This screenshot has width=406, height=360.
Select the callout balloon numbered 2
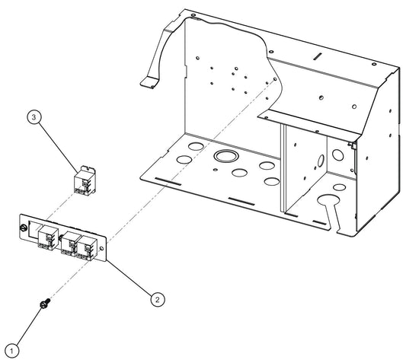click(156, 299)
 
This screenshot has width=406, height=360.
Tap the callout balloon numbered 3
click(34, 118)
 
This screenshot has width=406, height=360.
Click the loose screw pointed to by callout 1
click(44, 305)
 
